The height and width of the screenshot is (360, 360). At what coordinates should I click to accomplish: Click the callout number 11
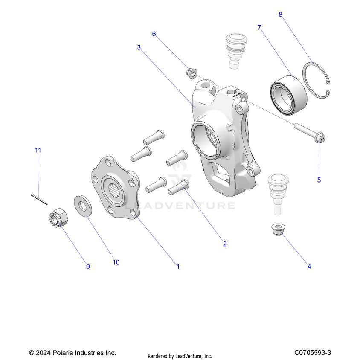tap(38, 150)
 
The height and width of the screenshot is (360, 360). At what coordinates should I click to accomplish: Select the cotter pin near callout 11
tap(40, 199)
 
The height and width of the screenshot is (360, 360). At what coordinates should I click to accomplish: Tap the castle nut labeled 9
tap(57, 217)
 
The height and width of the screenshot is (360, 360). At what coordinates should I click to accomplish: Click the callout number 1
tap(178, 267)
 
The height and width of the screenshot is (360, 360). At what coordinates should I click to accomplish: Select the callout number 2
tap(225, 244)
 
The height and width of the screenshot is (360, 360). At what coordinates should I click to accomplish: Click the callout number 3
tap(139, 47)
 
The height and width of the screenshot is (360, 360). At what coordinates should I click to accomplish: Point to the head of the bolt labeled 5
tap(321, 138)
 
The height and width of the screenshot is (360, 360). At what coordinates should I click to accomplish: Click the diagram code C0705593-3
tap(313, 353)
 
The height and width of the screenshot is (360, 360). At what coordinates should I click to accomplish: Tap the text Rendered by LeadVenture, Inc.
tap(180, 356)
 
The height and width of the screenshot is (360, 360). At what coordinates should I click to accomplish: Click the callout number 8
tap(280, 15)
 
